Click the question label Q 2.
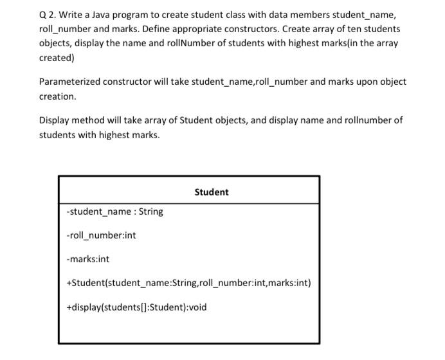48,15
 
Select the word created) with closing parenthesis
57,58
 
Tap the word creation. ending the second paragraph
58,96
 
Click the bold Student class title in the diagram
211,192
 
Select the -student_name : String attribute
114,211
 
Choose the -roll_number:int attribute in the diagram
101,235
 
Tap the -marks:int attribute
88,259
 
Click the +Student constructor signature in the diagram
188,283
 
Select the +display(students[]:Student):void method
136,307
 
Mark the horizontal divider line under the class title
188,204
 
